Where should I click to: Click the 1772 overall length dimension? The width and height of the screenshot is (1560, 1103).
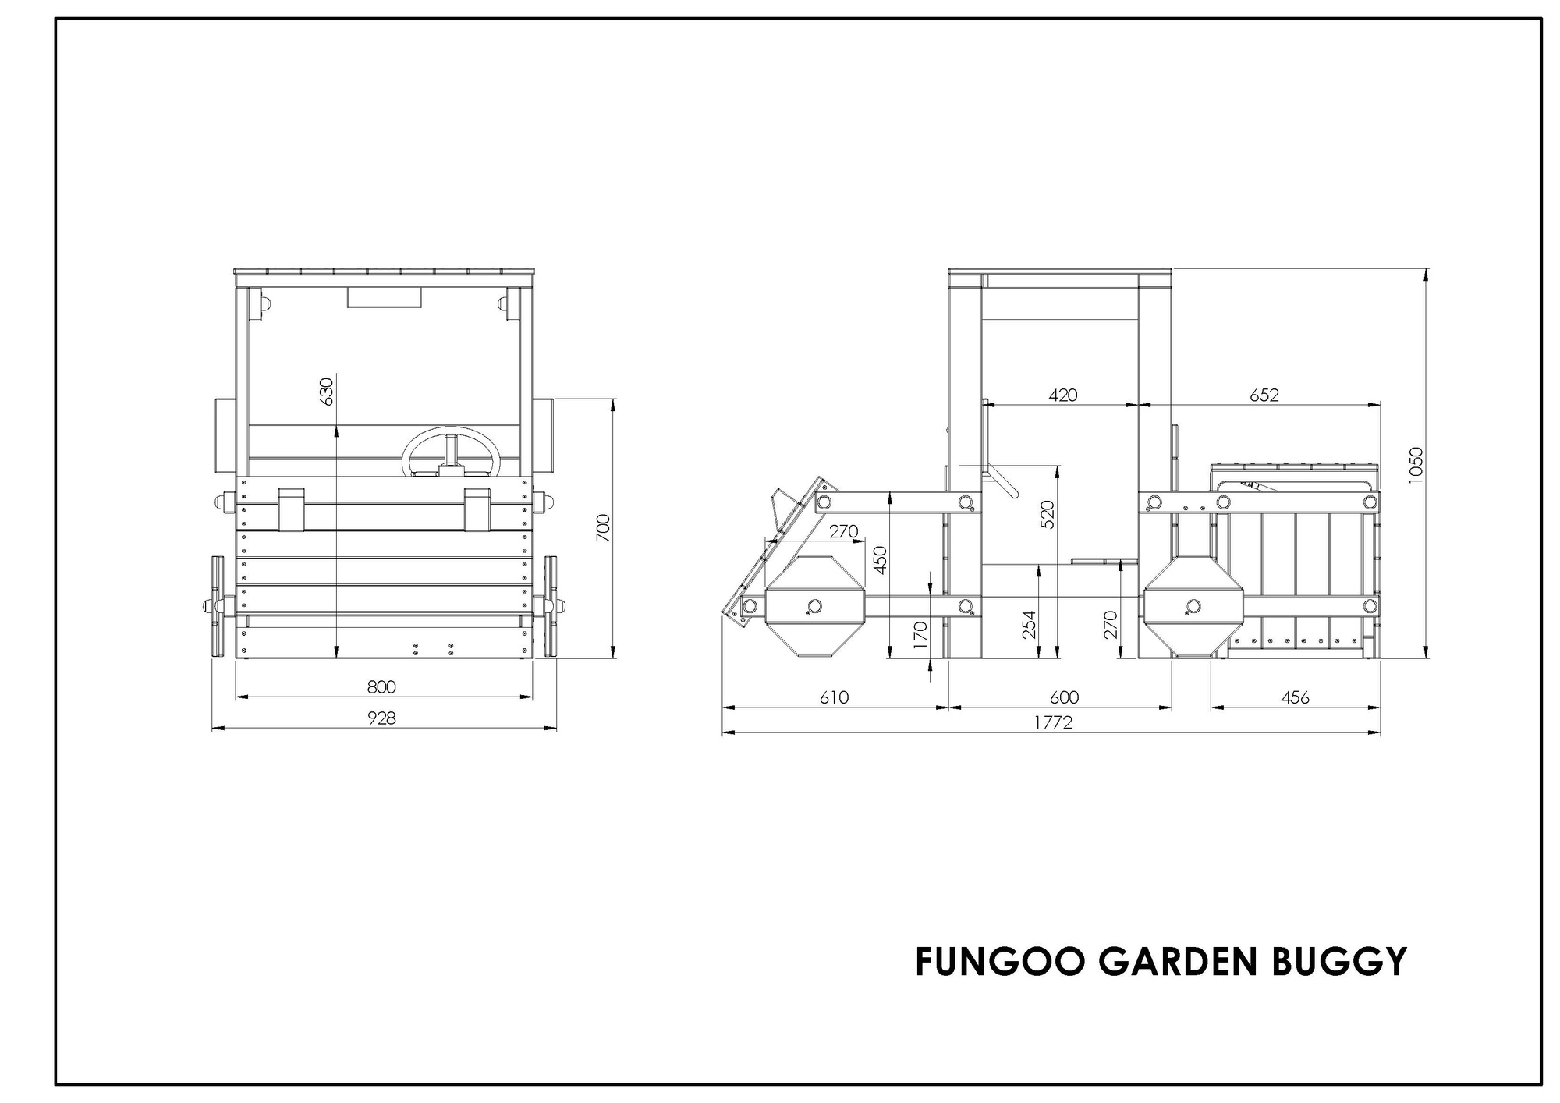tap(1053, 722)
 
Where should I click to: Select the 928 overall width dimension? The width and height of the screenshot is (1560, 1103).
tap(382, 718)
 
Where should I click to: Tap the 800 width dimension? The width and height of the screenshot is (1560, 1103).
tap(381, 687)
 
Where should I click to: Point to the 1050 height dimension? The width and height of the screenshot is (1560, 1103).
tap(1416, 465)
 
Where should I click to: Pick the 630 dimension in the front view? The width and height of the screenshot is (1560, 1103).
tap(326, 392)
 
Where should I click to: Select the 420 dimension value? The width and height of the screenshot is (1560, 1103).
tap(1063, 395)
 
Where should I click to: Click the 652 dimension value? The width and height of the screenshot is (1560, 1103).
tap(1264, 395)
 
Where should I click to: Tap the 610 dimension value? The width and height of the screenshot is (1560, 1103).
tap(834, 697)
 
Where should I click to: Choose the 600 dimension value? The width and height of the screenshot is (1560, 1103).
tap(1064, 697)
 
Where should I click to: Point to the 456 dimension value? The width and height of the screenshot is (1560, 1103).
tap(1296, 697)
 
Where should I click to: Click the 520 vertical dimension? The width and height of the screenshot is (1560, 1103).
tap(1048, 515)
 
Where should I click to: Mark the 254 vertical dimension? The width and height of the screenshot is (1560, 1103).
tap(1029, 625)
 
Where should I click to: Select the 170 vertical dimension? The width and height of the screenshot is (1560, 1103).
tap(920, 635)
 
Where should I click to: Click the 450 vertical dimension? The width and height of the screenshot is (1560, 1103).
tap(880, 559)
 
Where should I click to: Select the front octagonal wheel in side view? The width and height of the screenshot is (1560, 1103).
tap(814, 607)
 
